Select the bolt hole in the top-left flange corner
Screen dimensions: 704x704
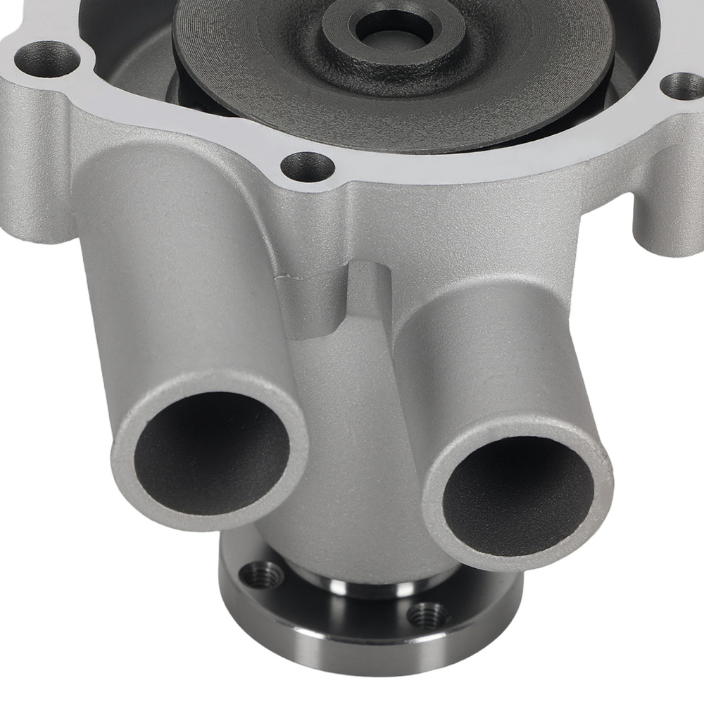coord(48,56)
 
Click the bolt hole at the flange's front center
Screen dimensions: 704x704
coord(308,167)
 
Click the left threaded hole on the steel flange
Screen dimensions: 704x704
coord(262,576)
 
